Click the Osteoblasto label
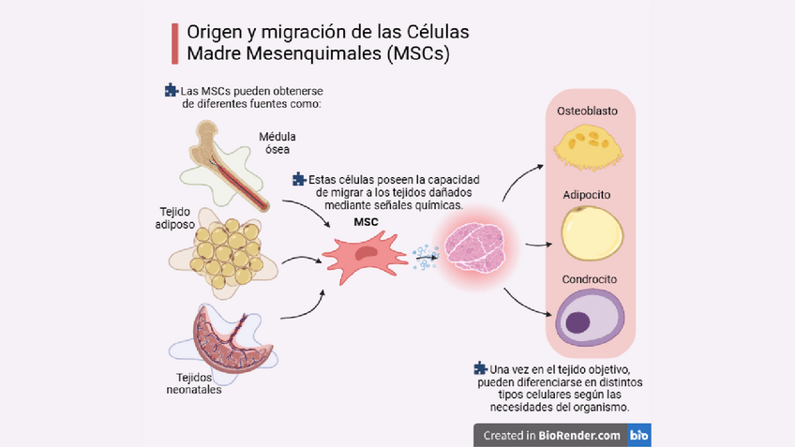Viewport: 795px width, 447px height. pyautogui.click(x=587, y=111)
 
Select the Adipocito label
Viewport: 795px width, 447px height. pyautogui.click(x=588, y=196)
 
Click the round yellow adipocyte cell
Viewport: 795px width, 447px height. pyautogui.click(x=588, y=233)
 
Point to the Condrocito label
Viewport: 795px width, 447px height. pyautogui.click(x=588, y=279)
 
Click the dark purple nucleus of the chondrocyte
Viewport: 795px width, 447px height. pyautogui.click(x=578, y=322)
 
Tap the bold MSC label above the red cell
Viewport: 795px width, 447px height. pyautogui.click(x=366, y=223)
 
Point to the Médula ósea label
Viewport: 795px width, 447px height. pyautogui.click(x=277, y=142)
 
